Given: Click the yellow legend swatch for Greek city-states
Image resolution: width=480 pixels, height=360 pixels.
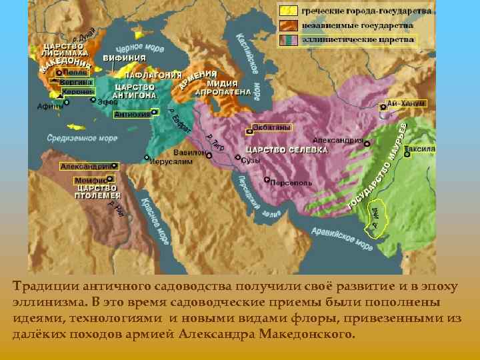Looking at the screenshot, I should click(x=289, y=12).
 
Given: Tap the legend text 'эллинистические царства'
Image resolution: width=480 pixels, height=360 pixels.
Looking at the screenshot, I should click(x=357, y=39).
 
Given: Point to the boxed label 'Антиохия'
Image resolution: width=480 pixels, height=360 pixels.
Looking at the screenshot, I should click(x=132, y=115).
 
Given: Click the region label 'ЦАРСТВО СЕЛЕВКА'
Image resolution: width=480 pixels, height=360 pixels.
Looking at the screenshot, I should click(x=287, y=150).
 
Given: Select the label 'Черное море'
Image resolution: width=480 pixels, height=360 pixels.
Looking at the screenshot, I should click(x=140, y=49).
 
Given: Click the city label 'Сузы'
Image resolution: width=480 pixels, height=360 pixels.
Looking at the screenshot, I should click(x=251, y=161).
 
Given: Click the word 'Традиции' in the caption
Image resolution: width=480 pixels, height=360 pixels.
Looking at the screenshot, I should click(x=41, y=287).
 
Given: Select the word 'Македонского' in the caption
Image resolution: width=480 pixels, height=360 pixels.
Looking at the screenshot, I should click(x=310, y=333).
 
